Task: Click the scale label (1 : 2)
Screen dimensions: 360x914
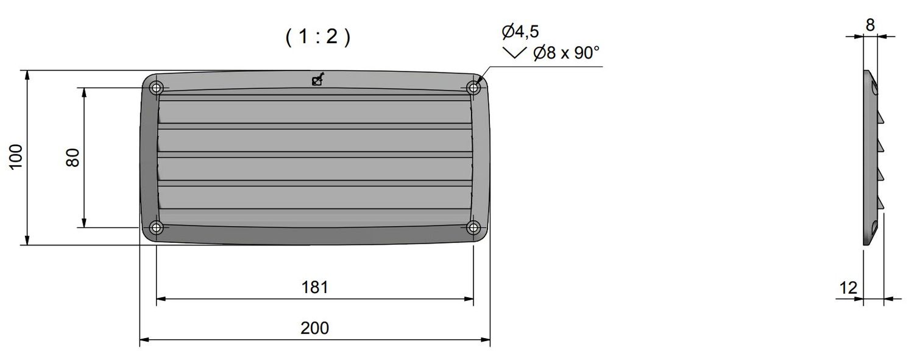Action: pyautogui.click(x=317, y=37)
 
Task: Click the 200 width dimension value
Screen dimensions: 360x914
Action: pyautogui.click(x=314, y=328)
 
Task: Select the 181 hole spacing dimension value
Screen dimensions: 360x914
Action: pyautogui.click(x=314, y=287)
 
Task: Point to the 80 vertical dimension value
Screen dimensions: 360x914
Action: pyautogui.click(x=73, y=158)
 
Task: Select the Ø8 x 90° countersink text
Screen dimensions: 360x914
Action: pyautogui.click(x=565, y=53)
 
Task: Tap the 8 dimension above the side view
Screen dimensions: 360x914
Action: pyautogui.click(x=870, y=25)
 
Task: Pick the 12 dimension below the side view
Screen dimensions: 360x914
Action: pyautogui.click(x=848, y=288)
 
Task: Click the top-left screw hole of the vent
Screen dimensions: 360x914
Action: pyautogui.click(x=157, y=88)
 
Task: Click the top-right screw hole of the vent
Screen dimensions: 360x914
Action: pyautogui.click(x=473, y=88)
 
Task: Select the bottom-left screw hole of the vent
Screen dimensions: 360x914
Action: pyautogui.click(x=157, y=228)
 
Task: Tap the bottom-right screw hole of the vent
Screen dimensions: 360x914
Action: pyautogui.click(x=473, y=228)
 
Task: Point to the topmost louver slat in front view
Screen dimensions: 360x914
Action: pyautogui.click(x=315, y=111)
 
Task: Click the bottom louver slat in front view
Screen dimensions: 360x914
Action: pyautogui.click(x=315, y=197)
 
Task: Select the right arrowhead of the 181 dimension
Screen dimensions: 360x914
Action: pyautogui.click(x=469, y=299)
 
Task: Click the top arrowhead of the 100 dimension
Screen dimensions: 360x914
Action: pyautogui.click(x=27, y=75)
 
